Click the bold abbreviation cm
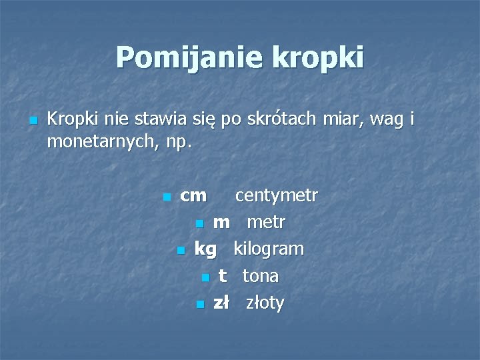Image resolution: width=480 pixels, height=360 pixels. click(193, 196)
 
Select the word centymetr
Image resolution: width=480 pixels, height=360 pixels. click(277, 196)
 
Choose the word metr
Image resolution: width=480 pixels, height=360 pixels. click(266, 223)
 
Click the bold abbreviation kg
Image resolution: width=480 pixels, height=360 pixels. click(205, 250)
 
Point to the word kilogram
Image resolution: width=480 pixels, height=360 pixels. click(268, 249)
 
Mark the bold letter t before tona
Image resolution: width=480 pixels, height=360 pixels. click(223, 276)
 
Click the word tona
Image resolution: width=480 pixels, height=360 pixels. click(261, 276)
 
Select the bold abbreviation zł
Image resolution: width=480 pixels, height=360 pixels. click(221, 303)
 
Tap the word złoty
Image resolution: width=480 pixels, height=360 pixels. click(265, 303)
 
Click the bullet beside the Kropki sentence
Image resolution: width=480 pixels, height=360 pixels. click(32, 121)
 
